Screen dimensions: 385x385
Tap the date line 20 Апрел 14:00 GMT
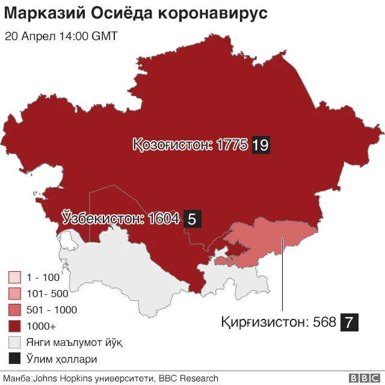[61, 36]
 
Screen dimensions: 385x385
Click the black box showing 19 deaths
[260, 145]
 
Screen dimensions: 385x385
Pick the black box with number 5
[192, 219]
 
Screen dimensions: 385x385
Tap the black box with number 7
[350, 322]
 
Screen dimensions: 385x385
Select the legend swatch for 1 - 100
[15, 278]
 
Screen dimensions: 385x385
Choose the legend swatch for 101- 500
[15, 294]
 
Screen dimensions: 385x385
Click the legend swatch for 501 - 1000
[15, 310]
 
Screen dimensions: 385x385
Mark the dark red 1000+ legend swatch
[15, 327]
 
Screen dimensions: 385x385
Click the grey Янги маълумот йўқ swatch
[15, 343]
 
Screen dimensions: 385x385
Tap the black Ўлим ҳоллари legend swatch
[15, 359]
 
